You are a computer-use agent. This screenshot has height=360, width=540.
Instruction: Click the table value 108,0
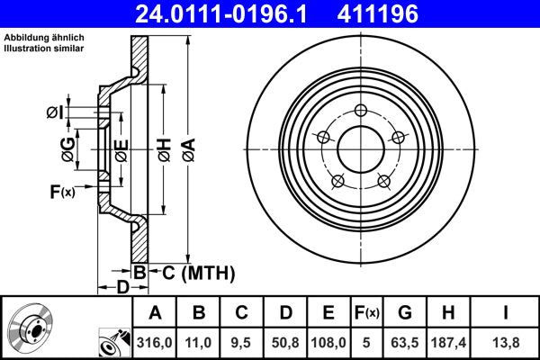click(x=329, y=342)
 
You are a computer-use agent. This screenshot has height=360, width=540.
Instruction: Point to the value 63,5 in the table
click(x=405, y=342)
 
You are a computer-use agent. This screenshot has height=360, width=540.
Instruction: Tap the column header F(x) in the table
click(x=366, y=313)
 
